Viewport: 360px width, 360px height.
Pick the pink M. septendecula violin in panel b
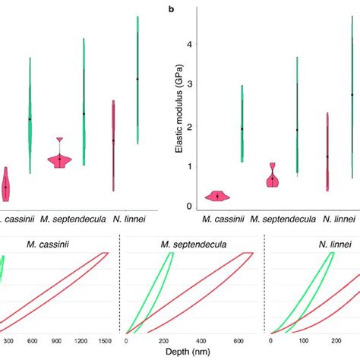[273, 178]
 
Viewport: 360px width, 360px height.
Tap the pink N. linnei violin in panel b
[327, 156]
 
